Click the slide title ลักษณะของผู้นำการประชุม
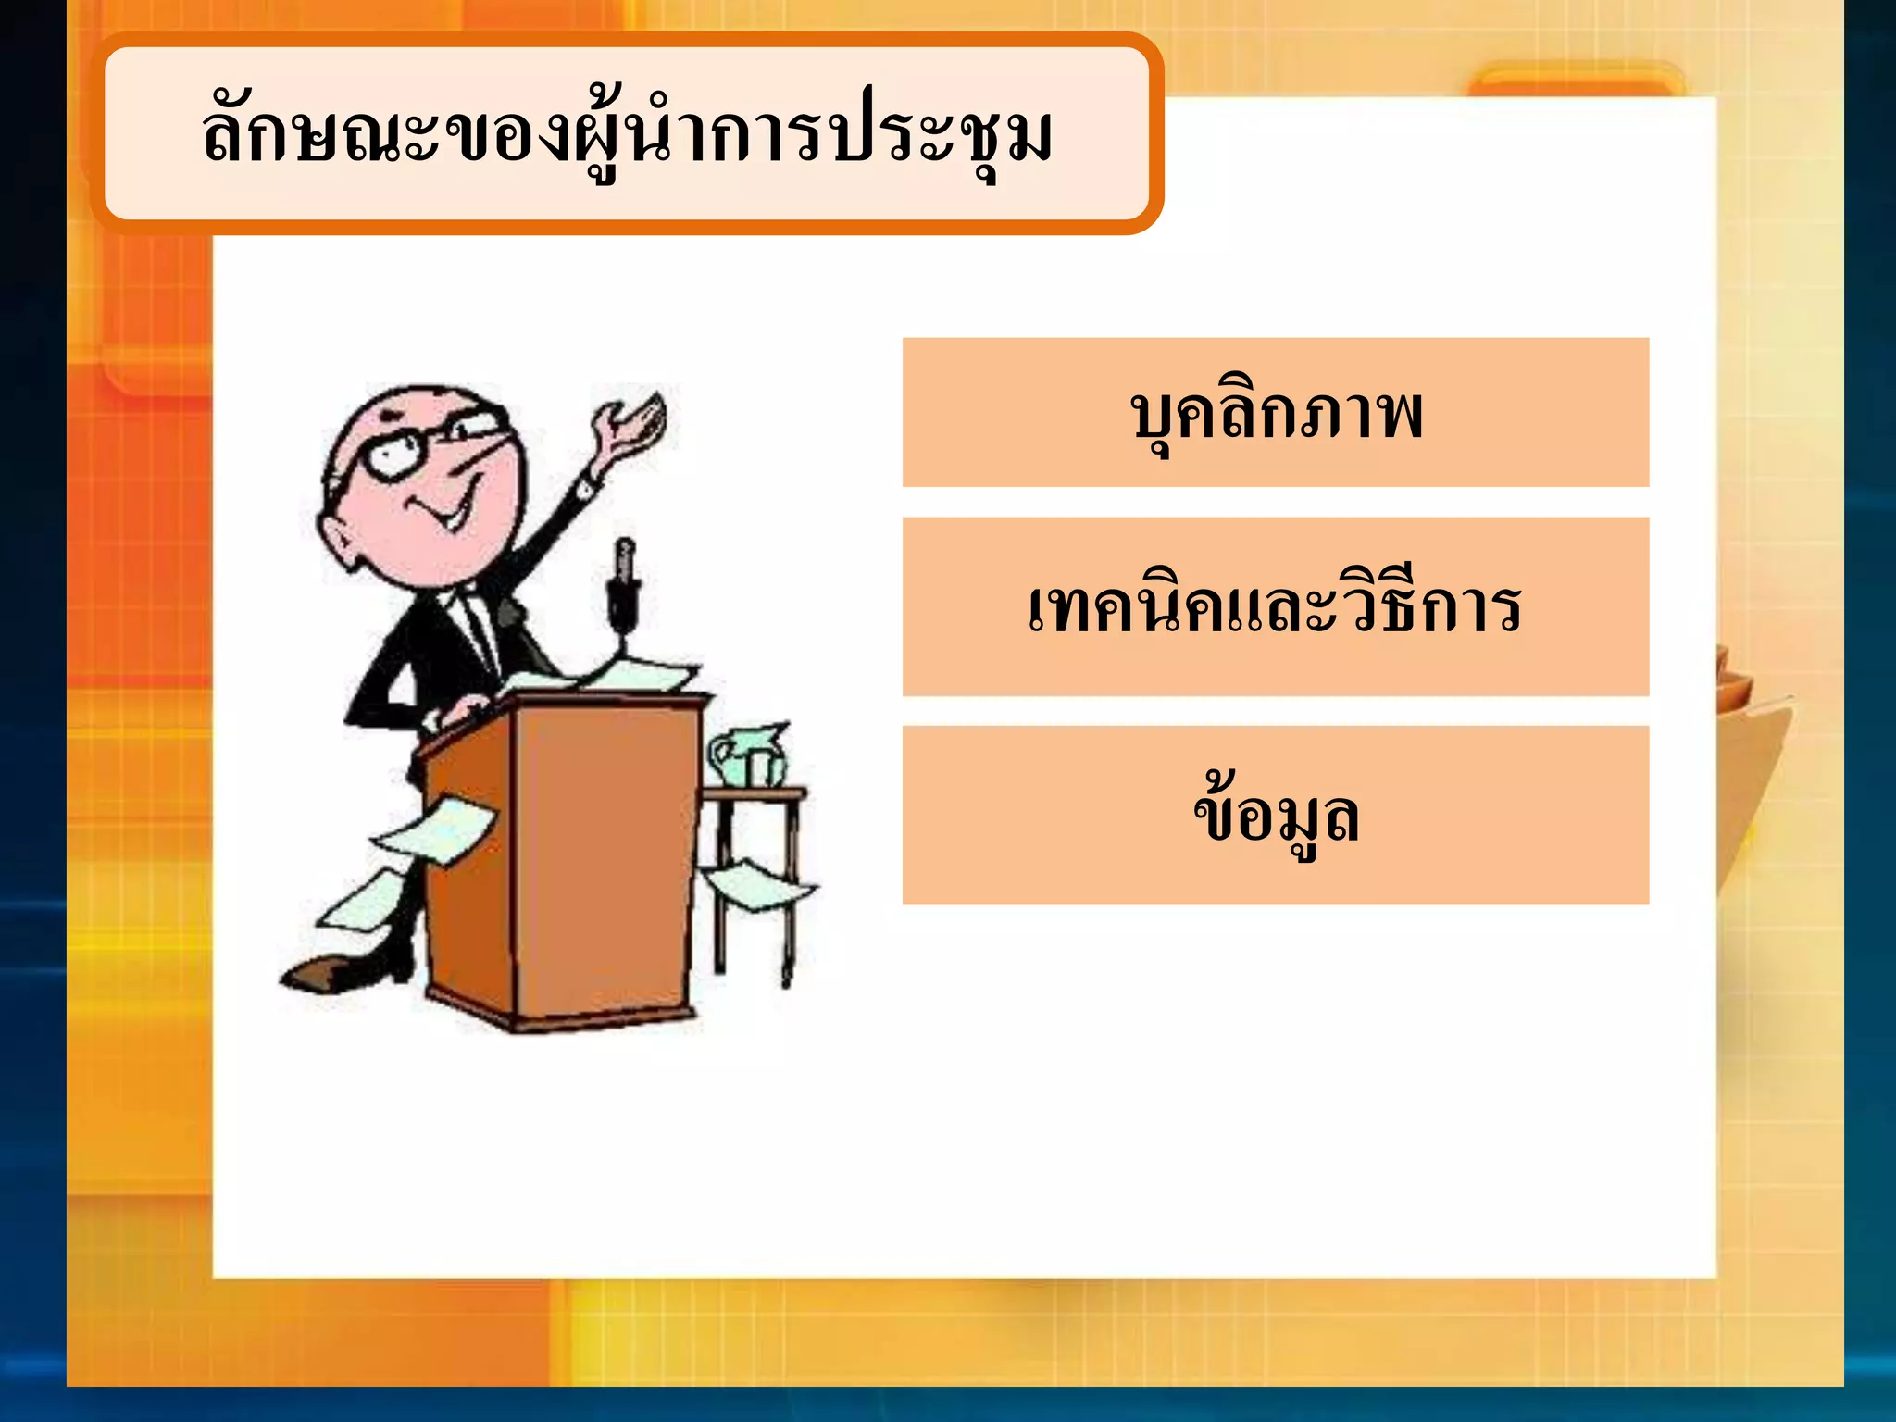[628, 134]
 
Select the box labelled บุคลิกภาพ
[1275, 413]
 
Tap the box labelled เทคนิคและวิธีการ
[1275, 606]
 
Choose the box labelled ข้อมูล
[1275, 815]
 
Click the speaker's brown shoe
[319, 972]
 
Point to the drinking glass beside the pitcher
[762, 767]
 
